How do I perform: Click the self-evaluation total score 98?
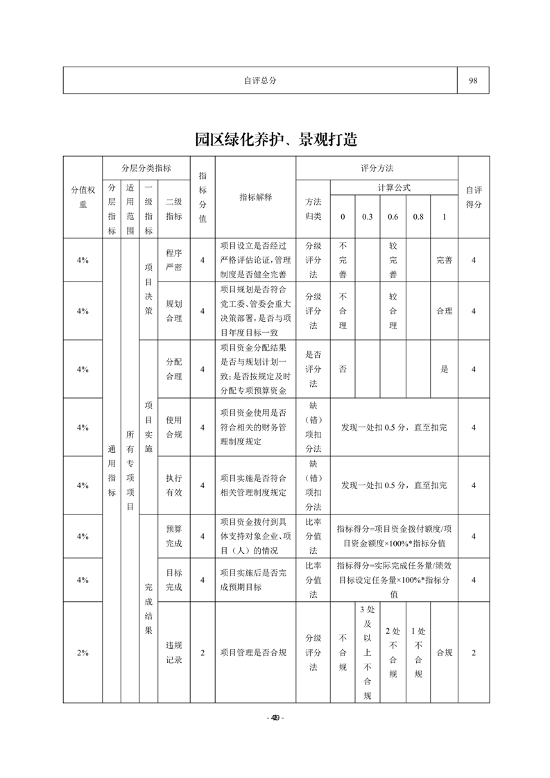click(473, 80)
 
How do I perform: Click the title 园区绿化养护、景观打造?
click(275, 138)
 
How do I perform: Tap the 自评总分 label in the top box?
click(260, 80)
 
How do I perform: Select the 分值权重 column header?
click(83, 197)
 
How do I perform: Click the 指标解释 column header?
click(255, 197)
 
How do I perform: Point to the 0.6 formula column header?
click(393, 217)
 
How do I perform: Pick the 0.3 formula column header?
click(367, 217)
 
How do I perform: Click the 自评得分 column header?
click(473, 197)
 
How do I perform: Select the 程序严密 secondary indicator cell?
click(174, 260)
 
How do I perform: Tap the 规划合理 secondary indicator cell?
click(174, 311)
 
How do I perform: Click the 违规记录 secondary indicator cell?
click(174, 652)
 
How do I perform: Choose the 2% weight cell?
click(83, 652)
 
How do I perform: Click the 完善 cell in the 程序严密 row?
click(444, 260)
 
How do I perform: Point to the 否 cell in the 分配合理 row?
click(343, 369)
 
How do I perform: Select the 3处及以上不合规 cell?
click(367, 652)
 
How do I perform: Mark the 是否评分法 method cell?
click(313, 369)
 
